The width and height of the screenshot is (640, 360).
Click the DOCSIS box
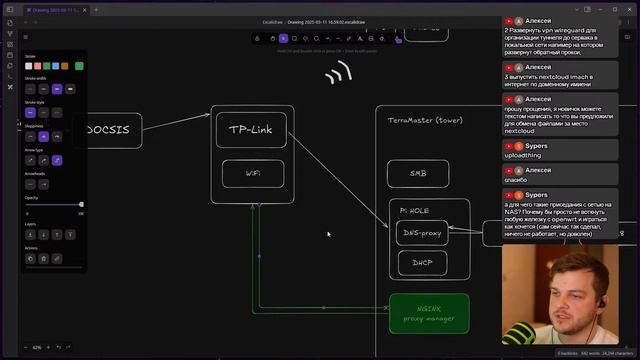click(111, 130)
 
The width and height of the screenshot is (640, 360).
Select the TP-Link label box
click(251, 130)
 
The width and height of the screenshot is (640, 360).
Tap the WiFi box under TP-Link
click(253, 173)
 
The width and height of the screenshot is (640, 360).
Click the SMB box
click(417, 173)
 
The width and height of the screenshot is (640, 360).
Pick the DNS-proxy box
click(422, 233)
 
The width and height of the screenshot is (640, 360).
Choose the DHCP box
click(422, 264)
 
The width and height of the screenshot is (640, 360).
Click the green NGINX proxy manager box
click(429, 313)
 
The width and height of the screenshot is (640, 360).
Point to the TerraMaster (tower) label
click(425, 120)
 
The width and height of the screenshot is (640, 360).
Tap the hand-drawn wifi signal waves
click(339, 73)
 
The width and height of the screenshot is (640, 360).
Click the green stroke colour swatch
click(79, 66)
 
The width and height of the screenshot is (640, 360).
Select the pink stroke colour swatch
click(39, 66)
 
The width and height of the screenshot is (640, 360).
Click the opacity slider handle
click(81, 205)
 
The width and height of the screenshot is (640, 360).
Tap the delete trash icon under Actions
click(44, 258)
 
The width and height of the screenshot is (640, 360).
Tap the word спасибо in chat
click(517, 180)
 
